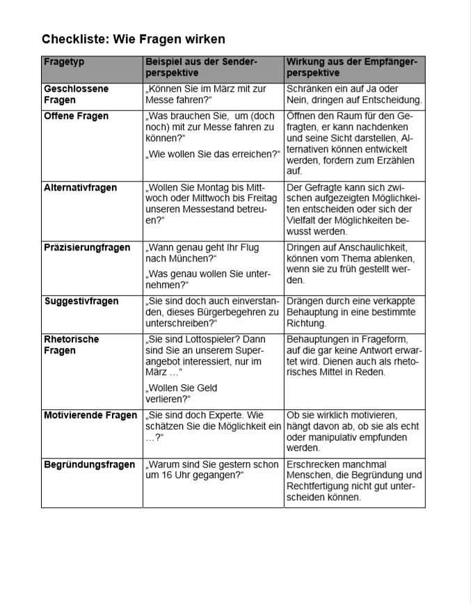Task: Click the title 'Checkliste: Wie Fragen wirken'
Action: [x=133, y=39]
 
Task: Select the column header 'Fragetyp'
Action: [x=63, y=62]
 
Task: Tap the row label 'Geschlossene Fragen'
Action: [x=76, y=95]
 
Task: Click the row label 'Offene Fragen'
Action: [x=76, y=116]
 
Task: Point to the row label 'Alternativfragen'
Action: [x=80, y=188]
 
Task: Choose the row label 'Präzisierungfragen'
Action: [x=87, y=248]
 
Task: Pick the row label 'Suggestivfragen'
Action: [x=81, y=301]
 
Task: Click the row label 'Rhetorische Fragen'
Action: [x=71, y=345]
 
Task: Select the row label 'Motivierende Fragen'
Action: [x=90, y=415]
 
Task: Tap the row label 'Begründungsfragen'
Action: [x=89, y=465]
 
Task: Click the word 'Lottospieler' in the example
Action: [x=202, y=340]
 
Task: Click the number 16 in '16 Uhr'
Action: [x=164, y=475]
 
